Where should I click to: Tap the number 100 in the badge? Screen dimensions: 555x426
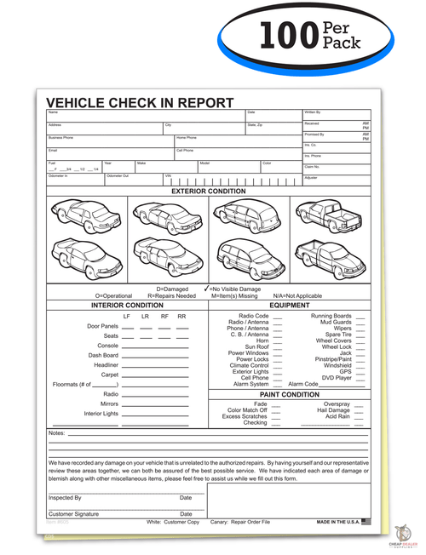286,36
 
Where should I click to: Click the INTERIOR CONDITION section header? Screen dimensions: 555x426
127,305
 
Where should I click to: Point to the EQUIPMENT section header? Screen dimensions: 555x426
289,305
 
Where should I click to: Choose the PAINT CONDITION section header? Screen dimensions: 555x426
289,394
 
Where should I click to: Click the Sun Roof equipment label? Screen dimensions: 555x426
256,346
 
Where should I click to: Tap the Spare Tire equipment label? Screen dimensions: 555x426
334,335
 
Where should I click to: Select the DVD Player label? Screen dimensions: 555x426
337,377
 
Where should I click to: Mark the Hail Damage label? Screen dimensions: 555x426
334,409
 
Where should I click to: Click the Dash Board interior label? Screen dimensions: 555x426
103,355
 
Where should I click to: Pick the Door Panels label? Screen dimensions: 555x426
102,326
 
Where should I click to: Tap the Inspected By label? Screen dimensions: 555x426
65,497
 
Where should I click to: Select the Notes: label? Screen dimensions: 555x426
57,433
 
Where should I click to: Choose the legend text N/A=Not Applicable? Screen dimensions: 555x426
296,295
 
